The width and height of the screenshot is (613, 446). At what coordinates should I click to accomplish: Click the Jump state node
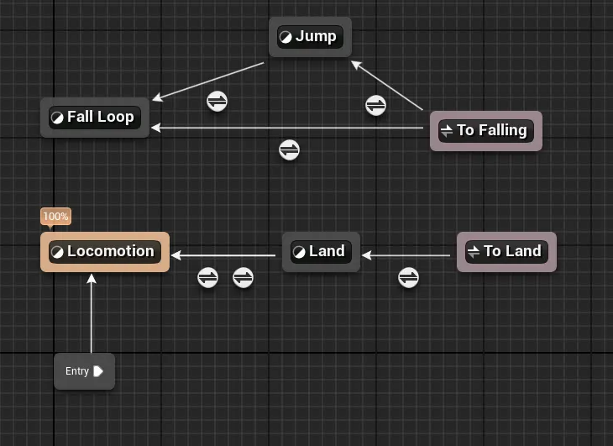tap(310, 37)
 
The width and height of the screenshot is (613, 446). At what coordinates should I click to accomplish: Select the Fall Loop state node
tap(95, 117)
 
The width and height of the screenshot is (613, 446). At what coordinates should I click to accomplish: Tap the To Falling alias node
tap(485, 131)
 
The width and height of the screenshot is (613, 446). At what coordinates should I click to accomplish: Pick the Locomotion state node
tap(105, 251)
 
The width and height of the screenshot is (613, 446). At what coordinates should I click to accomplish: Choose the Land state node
tap(321, 251)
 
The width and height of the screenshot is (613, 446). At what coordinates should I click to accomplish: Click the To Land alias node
tap(506, 251)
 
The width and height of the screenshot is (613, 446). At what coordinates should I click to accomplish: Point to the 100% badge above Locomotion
tap(55, 217)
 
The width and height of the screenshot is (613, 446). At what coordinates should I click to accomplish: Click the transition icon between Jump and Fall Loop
tap(217, 102)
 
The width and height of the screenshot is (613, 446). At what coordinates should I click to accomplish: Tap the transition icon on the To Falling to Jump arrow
tap(375, 106)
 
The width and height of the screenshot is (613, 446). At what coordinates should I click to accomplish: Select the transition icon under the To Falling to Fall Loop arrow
tap(289, 150)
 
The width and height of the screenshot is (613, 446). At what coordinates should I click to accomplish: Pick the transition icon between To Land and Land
tap(408, 277)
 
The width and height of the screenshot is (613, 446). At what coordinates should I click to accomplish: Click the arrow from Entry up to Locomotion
tap(92, 315)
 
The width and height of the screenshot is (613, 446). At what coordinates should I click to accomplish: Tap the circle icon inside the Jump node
tap(286, 37)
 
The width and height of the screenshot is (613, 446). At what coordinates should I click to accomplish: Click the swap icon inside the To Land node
tap(473, 251)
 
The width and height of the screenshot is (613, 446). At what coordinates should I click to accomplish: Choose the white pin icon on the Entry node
tap(98, 371)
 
